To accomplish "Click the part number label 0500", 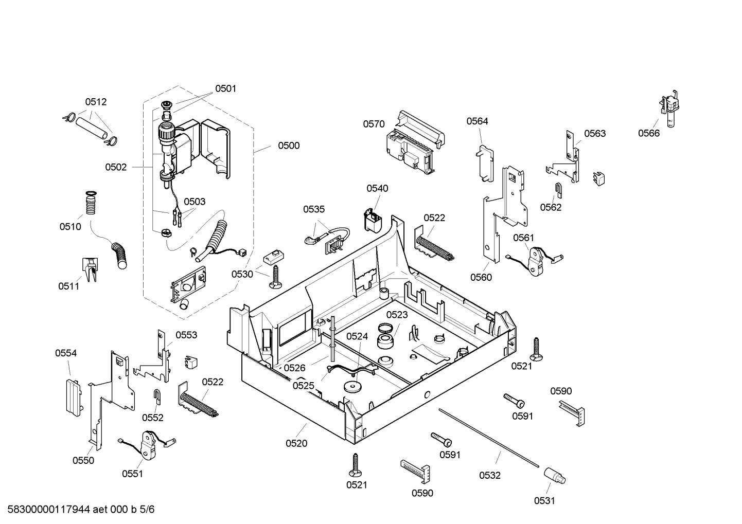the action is click(x=289, y=146).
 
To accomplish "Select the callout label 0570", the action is click(x=374, y=124).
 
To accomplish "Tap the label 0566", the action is click(x=649, y=133).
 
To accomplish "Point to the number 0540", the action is click(x=377, y=188).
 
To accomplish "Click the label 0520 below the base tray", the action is click(x=296, y=443).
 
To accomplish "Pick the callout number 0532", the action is click(x=489, y=475).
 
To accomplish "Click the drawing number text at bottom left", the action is click(x=81, y=509).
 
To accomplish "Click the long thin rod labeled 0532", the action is click(x=489, y=438).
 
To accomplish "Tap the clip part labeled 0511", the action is click(x=90, y=269).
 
